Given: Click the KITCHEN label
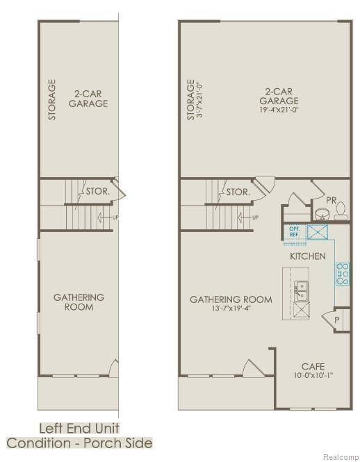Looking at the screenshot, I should [x=308, y=256].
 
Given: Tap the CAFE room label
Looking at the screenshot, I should [x=313, y=366].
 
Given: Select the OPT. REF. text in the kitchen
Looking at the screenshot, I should [x=294, y=232].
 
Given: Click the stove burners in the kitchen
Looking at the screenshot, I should [x=342, y=274].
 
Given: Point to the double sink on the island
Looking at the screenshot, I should [x=301, y=290].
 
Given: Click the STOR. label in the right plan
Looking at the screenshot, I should [x=238, y=191].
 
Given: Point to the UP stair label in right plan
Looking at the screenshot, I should [x=255, y=217].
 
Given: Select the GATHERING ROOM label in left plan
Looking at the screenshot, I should [x=79, y=302].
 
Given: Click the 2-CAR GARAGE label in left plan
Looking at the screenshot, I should [x=88, y=98].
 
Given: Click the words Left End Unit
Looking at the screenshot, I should [x=80, y=428].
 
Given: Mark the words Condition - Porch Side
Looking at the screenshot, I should [x=80, y=443].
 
